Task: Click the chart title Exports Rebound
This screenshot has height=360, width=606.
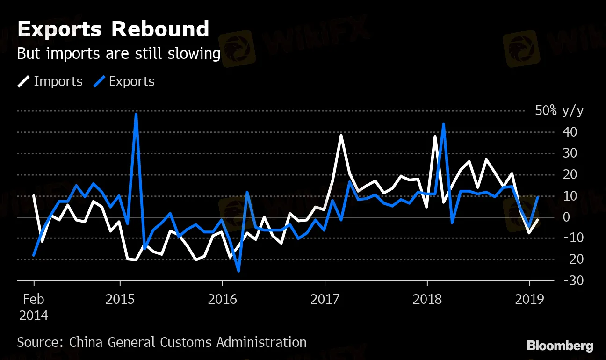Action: pyautogui.click(x=113, y=29)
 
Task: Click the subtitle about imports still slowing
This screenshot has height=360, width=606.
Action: pyautogui.click(x=118, y=54)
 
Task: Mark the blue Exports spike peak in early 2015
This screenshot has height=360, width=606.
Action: pyautogui.click(x=136, y=114)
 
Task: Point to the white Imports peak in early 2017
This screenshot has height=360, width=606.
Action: pyautogui.click(x=341, y=136)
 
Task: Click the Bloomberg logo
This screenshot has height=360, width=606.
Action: pyautogui.click(x=560, y=346)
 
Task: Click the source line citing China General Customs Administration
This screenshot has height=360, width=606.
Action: pyautogui.click(x=162, y=342)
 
